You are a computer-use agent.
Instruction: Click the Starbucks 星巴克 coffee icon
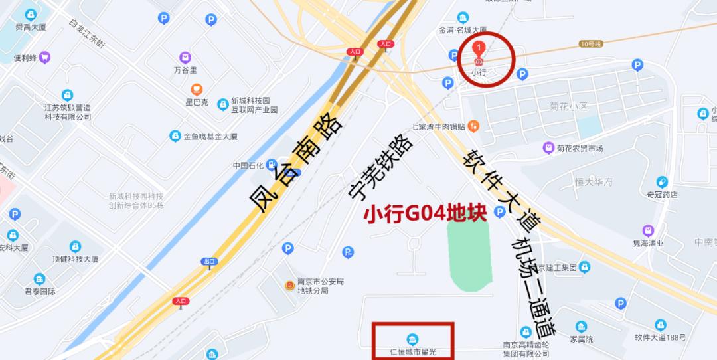tap(197, 90)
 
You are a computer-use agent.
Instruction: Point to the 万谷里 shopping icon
tap(185, 58)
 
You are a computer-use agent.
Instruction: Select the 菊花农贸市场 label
tap(579, 148)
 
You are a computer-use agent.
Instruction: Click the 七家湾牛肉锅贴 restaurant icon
tap(473, 124)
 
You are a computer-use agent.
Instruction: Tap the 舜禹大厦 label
tap(31, 27)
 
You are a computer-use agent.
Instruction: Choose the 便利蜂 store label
tap(25, 58)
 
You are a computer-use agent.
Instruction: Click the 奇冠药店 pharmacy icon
tap(661, 182)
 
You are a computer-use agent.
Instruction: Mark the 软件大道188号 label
tap(661, 337)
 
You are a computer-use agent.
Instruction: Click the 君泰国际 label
tap(40, 292)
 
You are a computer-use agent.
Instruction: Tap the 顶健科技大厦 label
tap(75, 259)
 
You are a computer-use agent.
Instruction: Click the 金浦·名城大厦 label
tap(463, 30)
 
